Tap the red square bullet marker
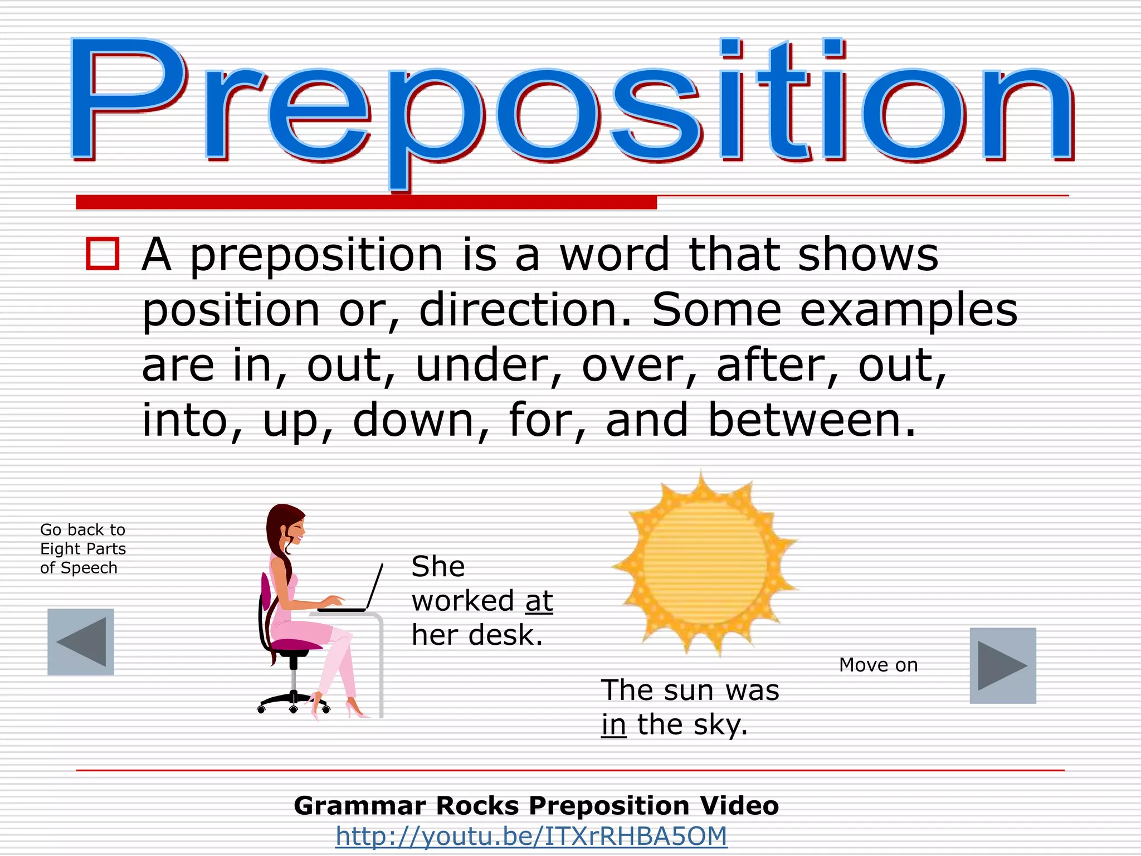103,254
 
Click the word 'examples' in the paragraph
908,310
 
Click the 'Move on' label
878,665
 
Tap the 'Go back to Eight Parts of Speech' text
83,548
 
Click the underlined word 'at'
539,601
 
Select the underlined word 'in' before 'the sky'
613,724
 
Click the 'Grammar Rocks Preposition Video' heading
536,806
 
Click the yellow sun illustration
705,563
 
